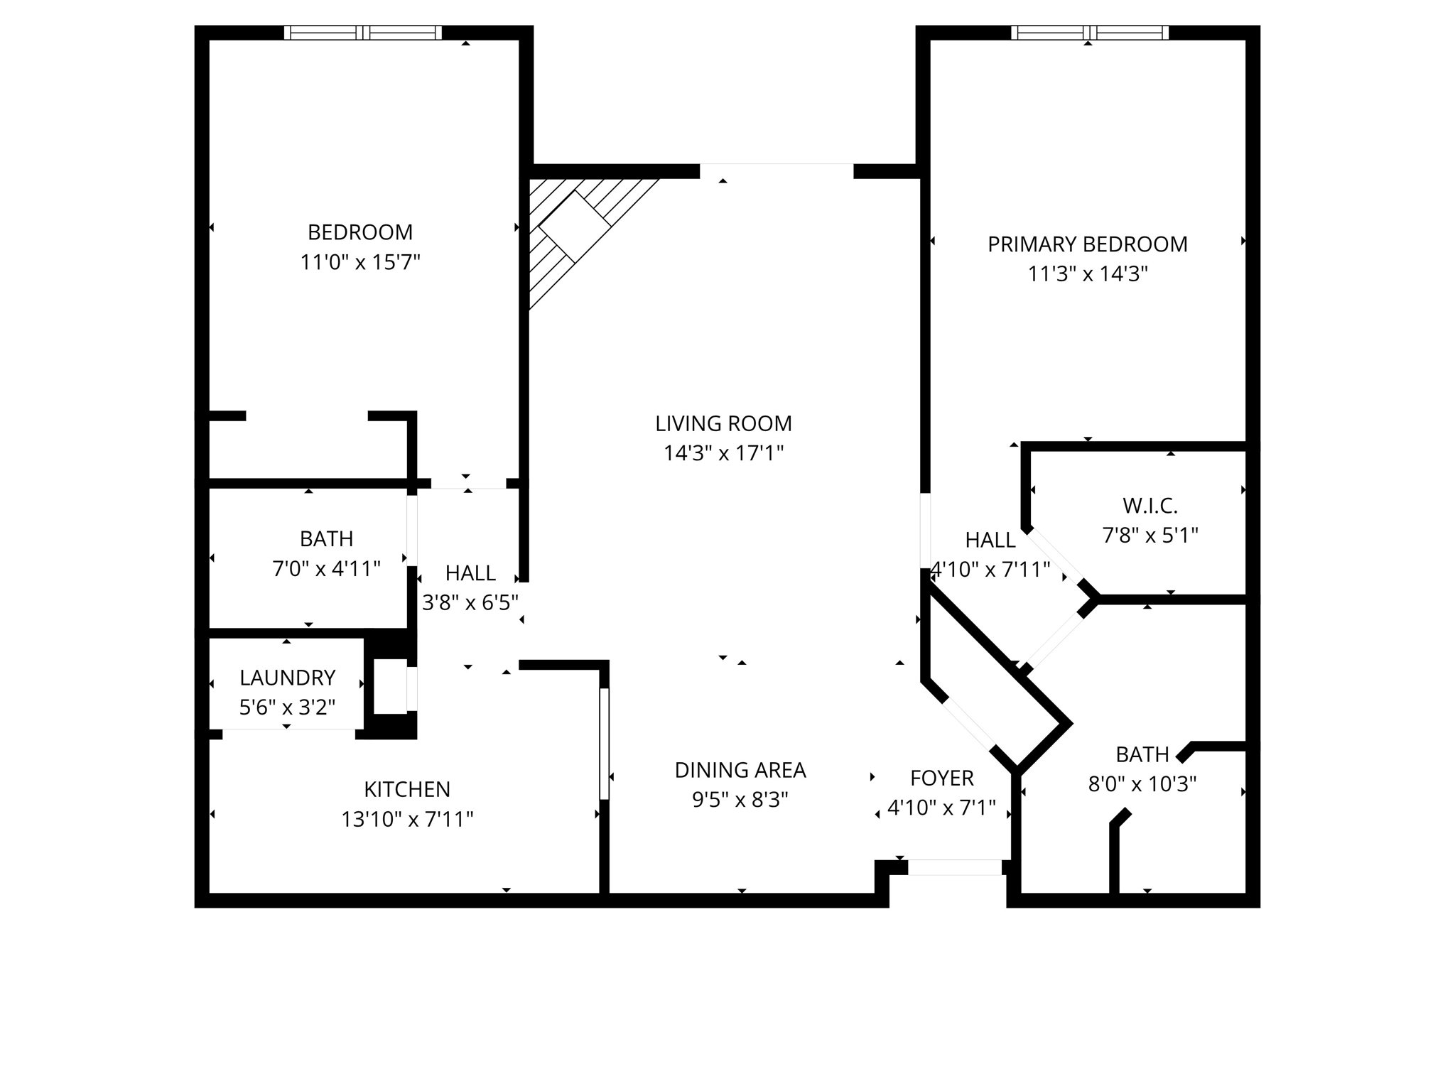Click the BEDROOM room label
coord(359,232)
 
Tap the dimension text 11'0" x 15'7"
coord(359,263)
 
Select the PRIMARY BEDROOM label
coord(1087,244)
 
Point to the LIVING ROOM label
coord(723,423)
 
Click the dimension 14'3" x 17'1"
coord(723,453)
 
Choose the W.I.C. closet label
coord(1150,506)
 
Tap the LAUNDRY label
coord(287,678)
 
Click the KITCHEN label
coord(407,789)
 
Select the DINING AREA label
coord(740,770)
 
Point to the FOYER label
coord(941,778)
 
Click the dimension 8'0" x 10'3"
coord(1142,784)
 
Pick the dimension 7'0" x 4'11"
coord(326,569)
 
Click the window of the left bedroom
coord(362,33)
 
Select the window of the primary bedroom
coord(1089,33)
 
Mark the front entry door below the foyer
coord(954,867)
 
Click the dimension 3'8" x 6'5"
coord(470,603)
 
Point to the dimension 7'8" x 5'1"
coord(1150,535)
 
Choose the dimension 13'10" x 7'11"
coord(407,820)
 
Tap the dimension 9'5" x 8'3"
coord(740,800)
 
